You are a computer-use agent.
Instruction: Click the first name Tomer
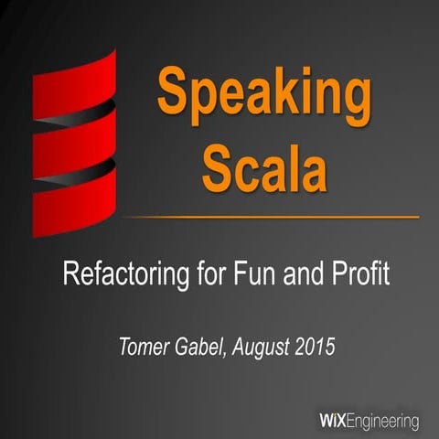[142, 346]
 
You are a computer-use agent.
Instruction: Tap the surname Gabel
[198, 346]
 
